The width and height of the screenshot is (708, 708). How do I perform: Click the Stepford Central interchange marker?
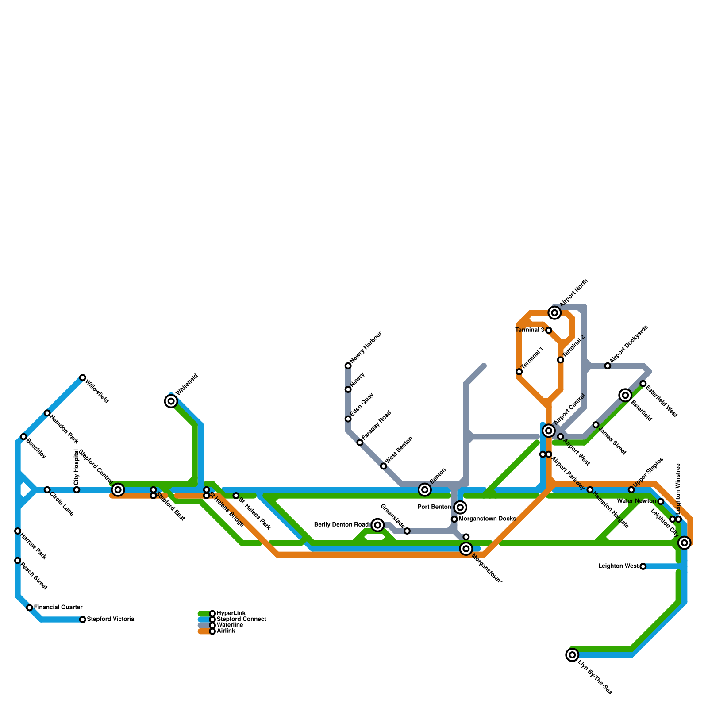point(118,489)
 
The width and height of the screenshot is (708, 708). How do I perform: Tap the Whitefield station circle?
point(171,401)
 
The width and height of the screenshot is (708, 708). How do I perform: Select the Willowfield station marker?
point(83,377)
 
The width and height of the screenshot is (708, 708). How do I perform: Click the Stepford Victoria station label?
point(110,619)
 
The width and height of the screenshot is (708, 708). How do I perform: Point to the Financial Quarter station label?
point(58,607)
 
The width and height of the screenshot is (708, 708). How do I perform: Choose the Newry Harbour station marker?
point(348,366)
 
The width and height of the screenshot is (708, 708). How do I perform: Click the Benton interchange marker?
point(425,489)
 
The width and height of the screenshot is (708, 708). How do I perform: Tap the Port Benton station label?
point(434,507)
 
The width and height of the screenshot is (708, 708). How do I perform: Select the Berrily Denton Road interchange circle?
point(377,525)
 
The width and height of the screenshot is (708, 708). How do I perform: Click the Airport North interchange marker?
point(554,313)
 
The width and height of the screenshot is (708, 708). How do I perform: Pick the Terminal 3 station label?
point(530,330)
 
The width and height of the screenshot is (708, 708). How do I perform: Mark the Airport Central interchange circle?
point(549,431)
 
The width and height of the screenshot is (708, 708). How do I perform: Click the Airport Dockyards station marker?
point(608,366)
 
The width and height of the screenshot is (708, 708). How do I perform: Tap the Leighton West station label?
point(618,566)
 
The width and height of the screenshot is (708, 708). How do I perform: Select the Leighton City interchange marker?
point(685,543)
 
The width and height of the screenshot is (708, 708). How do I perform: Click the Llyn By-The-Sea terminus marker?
point(572,654)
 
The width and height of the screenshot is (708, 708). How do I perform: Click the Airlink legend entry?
point(226,631)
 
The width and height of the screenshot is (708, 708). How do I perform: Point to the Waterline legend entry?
point(230,625)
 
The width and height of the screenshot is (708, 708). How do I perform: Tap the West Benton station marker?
point(384,466)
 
